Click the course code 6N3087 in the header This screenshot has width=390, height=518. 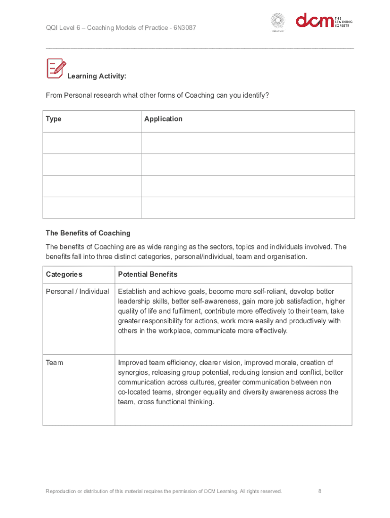[184, 27]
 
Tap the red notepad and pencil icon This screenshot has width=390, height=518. [56, 68]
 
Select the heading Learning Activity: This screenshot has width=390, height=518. [97, 76]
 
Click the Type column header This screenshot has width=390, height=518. [54, 119]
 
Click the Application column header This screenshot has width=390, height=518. [163, 119]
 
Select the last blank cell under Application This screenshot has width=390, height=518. [248, 208]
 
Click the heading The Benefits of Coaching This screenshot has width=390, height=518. [88, 233]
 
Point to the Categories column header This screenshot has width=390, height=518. [64, 274]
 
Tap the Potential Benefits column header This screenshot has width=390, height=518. [148, 274]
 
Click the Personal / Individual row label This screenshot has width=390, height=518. [77, 291]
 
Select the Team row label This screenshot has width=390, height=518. [55, 363]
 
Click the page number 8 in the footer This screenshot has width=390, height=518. [320, 491]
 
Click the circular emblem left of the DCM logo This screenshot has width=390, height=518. [278, 21]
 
